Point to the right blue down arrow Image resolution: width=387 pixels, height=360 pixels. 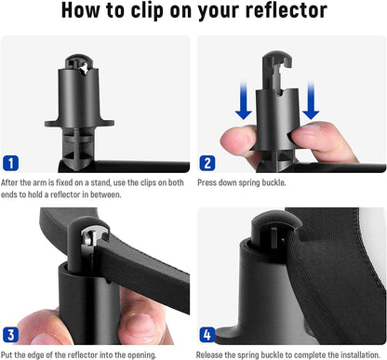(x=310, y=98)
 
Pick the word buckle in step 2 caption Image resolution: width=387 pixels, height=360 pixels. (x=279, y=181)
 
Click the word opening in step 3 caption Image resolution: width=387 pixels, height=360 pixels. (x=138, y=354)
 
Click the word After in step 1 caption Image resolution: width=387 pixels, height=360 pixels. (x=11, y=181)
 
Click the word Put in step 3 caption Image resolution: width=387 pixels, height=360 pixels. (x=8, y=354)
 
